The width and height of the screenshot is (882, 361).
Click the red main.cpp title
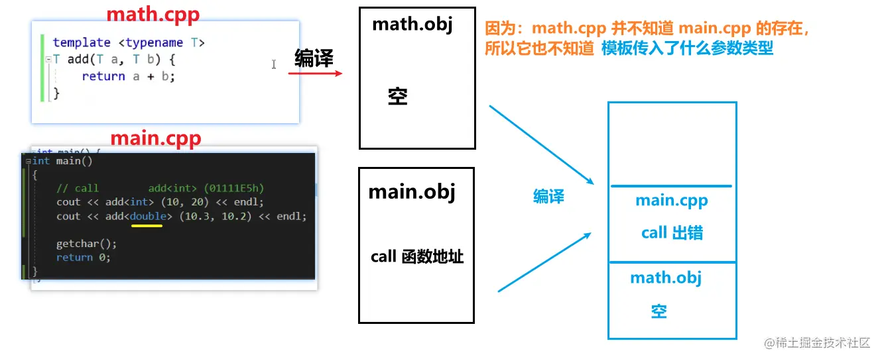[x=155, y=138]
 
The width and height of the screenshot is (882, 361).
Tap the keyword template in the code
[x=82, y=42]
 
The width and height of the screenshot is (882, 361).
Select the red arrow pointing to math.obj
[x=315, y=73]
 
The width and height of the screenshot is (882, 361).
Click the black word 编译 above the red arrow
[x=314, y=59]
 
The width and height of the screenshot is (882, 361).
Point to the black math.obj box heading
[x=412, y=25]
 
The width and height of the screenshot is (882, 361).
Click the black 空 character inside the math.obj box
[x=398, y=97]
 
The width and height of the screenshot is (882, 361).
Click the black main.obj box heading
[x=412, y=191]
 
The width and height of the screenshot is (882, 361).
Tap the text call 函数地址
[x=416, y=256]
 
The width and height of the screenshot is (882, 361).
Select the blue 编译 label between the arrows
[x=548, y=196]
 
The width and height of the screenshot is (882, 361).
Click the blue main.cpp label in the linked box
[x=671, y=200]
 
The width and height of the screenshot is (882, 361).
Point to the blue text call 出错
[x=672, y=232]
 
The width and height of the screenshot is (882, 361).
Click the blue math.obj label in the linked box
[x=665, y=278]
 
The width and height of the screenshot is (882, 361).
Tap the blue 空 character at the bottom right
[x=659, y=311]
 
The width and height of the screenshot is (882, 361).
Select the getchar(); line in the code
[x=86, y=244]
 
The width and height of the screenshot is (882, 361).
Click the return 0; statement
[x=84, y=257]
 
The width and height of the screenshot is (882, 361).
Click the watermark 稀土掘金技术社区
[x=822, y=342]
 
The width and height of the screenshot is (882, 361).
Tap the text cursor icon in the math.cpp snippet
[x=274, y=64]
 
